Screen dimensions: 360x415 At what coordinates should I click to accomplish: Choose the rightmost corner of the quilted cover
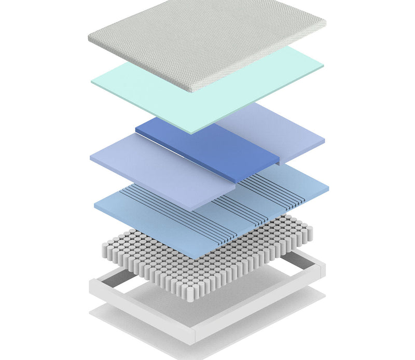pyautogui.click(x=325, y=22)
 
